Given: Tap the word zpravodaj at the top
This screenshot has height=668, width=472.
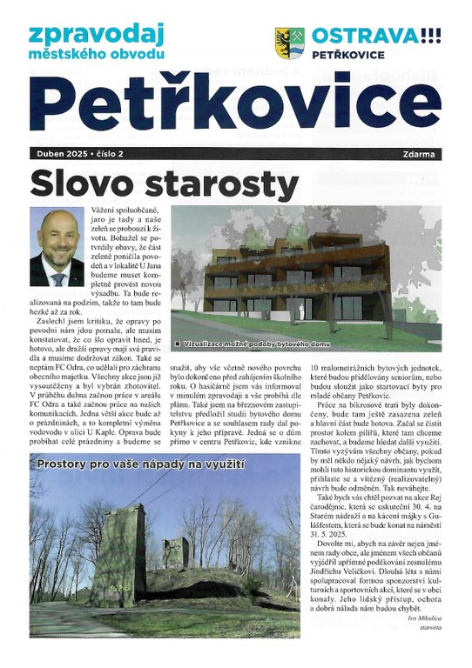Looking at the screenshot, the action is pyautogui.click(x=96, y=35).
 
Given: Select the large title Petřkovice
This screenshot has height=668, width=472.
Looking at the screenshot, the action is pyautogui.click(x=235, y=104).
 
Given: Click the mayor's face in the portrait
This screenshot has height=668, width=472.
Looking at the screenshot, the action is pyautogui.click(x=58, y=236).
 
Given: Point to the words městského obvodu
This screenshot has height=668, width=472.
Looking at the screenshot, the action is pyautogui.click(x=96, y=55).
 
